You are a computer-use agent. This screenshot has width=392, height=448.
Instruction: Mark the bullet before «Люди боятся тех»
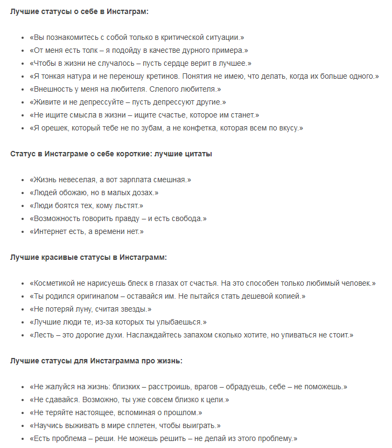[23, 206]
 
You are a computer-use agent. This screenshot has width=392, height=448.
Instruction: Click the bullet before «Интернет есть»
[23, 232]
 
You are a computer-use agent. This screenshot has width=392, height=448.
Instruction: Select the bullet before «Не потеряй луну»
[23, 309]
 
